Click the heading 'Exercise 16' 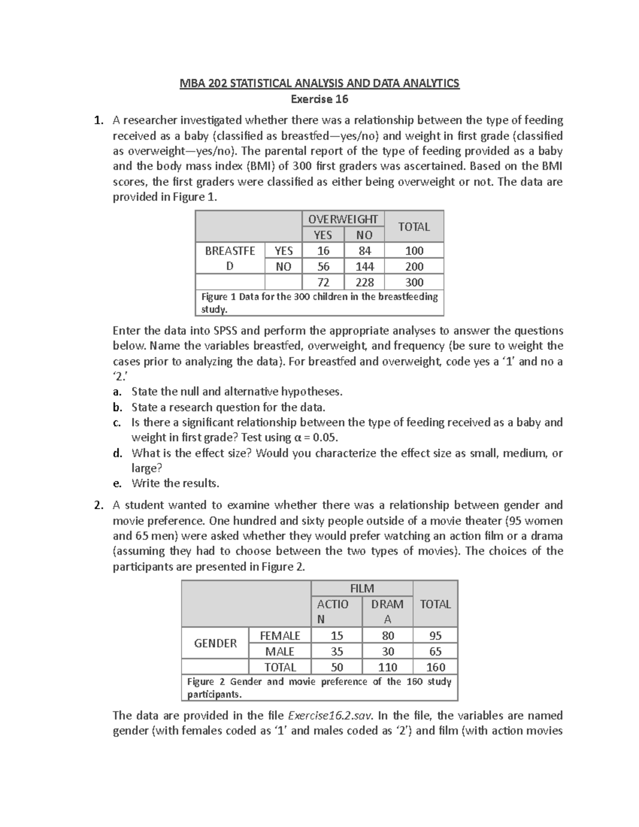319,99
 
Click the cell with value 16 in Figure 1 323,251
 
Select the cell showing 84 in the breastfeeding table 364,251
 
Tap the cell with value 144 364,266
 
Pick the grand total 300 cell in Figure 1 414,282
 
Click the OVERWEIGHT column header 343,219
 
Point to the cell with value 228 364,282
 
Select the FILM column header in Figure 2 362,588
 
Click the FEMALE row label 280,635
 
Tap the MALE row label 280,651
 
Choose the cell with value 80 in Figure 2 388,635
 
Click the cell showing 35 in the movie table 337,651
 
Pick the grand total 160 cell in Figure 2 435,667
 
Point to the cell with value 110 388,667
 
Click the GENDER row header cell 215,643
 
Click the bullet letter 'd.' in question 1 118,454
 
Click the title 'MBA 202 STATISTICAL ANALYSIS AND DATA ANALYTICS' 319,84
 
